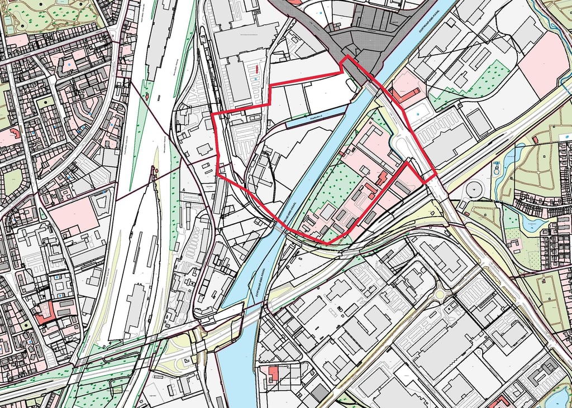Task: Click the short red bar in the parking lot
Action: pyautogui.click(x=256, y=69)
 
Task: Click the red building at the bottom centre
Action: pyautogui.click(x=273, y=372)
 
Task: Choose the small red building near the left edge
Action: pyautogui.click(x=15, y=133)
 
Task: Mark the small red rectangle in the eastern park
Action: pyautogui.click(x=535, y=139)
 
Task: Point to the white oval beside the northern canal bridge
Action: pyautogui.click(x=351, y=84)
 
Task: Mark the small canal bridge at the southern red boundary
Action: pyautogui.click(x=278, y=225)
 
